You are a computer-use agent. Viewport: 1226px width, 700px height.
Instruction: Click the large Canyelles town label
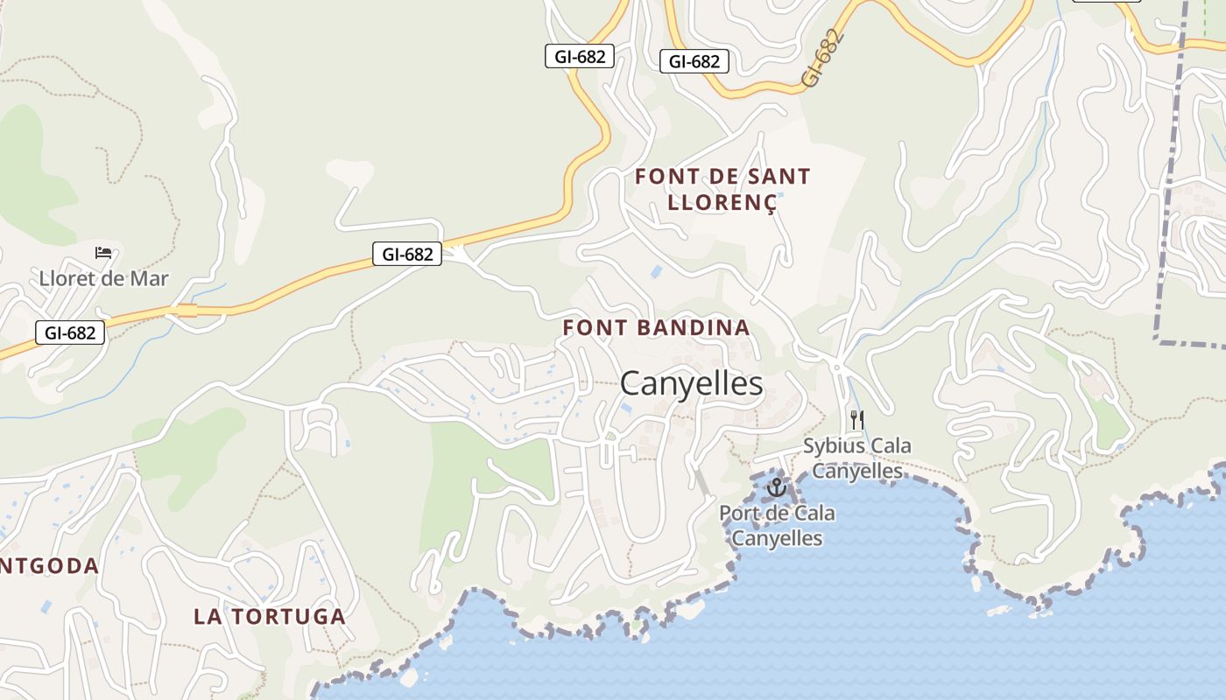691,383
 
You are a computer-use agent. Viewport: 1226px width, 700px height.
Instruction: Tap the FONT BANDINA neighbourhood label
656,328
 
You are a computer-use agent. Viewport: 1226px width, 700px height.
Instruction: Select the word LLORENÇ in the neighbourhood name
722,202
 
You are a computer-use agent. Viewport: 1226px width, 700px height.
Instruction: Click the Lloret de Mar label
103,279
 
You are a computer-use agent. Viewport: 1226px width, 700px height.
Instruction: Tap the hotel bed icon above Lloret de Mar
103,253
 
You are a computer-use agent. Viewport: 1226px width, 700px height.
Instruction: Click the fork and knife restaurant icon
856,420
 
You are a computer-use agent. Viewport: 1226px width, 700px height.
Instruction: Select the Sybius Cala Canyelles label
857,458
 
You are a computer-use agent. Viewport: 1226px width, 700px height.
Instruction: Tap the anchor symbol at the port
776,486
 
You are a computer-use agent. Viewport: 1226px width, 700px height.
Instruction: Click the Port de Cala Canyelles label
777,525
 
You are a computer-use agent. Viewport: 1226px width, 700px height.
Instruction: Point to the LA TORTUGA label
270,616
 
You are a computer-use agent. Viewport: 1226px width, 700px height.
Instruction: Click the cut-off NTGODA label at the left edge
49,566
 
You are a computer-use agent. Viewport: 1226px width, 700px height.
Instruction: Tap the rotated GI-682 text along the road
823,59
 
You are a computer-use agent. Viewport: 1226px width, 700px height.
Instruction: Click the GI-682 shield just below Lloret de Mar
70,332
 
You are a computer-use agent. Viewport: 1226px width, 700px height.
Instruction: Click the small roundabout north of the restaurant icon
836,366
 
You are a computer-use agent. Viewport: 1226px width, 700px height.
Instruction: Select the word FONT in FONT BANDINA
592,328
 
